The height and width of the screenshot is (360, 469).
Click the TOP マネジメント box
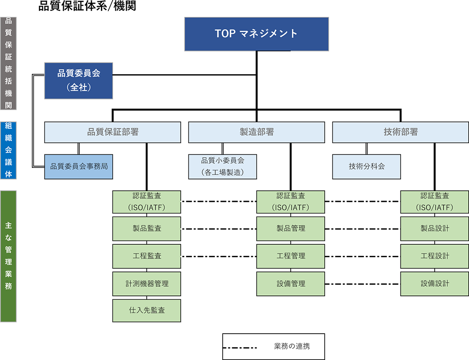pyautogui.click(x=256, y=34)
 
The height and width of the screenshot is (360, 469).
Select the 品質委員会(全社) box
pyautogui.click(x=79, y=80)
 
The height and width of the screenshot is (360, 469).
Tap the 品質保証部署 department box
pyautogui.click(x=113, y=132)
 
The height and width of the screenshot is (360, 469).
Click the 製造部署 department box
pyautogui.click(x=257, y=132)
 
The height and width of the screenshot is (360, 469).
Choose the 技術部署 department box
pyautogui.click(x=401, y=132)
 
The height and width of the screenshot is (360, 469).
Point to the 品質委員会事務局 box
pyautogui.click(x=79, y=166)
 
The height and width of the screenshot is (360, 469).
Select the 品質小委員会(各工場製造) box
pyautogui.click(x=223, y=166)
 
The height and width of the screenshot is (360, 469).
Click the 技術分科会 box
pyautogui.click(x=367, y=166)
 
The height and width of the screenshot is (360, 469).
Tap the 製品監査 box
pyautogui.click(x=147, y=229)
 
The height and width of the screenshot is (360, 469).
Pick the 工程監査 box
pyautogui.click(x=147, y=256)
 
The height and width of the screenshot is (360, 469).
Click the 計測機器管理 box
pyautogui.click(x=147, y=283)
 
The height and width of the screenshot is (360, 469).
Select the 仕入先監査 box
pyautogui.click(x=147, y=311)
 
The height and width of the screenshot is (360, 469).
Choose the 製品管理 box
pyautogui.click(x=291, y=229)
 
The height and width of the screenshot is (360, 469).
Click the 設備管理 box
pyautogui.click(x=291, y=283)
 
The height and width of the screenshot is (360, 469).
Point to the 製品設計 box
pyautogui.click(x=434, y=229)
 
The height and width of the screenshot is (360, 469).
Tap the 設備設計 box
pyautogui.click(x=434, y=283)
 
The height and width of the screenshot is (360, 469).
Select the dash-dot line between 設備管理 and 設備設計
pyautogui.click(x=363, y=284)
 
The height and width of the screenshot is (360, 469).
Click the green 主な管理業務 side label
pyautogui.click(x=8, y=256)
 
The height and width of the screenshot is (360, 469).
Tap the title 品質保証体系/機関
pyautogui.click(x=87, y=6)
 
